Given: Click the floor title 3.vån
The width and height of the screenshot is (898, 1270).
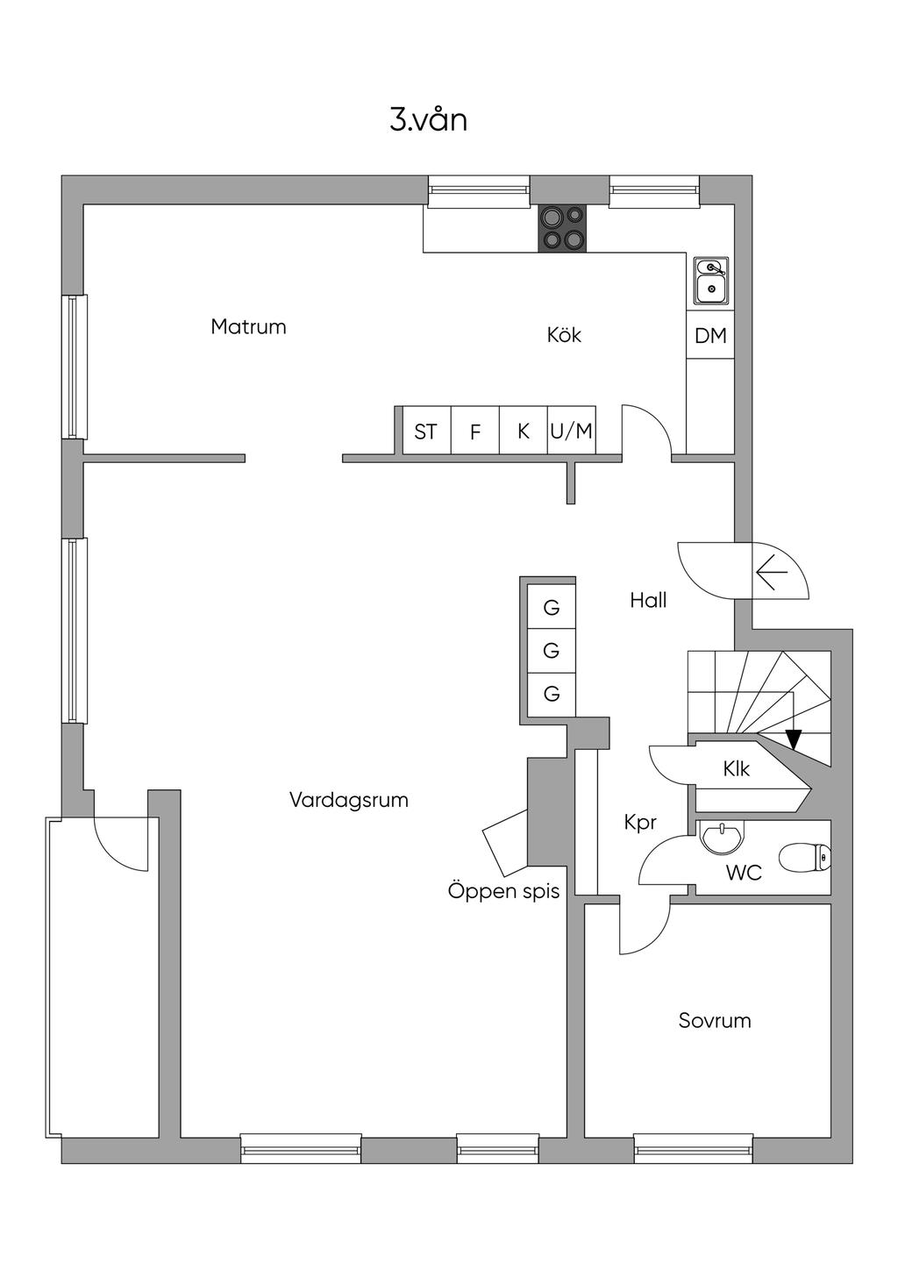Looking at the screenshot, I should pyautogui.click(x=428, y=120).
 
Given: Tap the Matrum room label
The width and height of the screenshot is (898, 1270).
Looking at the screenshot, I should pyautogui.click(x=248, y=327).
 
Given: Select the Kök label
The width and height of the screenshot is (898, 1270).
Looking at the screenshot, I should pyautogui.click(x=564, y=335).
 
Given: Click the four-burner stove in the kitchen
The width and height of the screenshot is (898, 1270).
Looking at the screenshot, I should pyautogui.click(x=562, y=228).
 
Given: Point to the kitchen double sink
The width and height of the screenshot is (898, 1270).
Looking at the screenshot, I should pyautogui.click(x=711, y=280).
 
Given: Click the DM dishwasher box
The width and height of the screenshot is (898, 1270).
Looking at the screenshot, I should pyautogui.click(x=710, y=335).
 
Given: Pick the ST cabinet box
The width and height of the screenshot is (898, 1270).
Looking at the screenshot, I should pyautogui.click(x=426, y=432).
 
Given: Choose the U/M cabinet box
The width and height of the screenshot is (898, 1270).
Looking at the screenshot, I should pyautogui.click(x=572, y=432).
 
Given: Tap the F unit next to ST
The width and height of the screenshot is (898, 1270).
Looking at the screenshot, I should pyautogui.click(x=475, y=432).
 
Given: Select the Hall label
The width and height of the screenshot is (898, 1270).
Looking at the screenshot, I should pyautogui.click(x=648, y=601).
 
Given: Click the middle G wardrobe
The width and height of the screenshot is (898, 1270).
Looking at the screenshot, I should pyautogui.click(x=552, y=651).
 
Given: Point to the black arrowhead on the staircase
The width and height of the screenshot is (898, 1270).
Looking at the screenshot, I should pyautogui.click(x=794, y=739).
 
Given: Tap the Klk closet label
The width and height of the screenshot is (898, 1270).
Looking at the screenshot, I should pyautogui.click(x=737, y=769).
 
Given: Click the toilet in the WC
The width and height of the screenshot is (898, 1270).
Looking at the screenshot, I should pyautogui.click(x=806, y=858).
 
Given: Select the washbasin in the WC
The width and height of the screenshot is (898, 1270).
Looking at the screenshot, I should pyautogui.click(x=722, y=837).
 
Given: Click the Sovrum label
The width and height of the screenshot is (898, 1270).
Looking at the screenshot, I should pyautogui.click(x=715, y=1021).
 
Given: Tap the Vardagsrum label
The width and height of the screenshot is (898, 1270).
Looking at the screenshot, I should pyautogui.click(x=349, y=800).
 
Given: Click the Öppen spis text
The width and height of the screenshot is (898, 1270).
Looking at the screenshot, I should pyautogui.click(x=503, y=892).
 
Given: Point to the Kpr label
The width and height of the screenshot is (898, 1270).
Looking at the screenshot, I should pyautogui.click(x=640, y=823).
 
